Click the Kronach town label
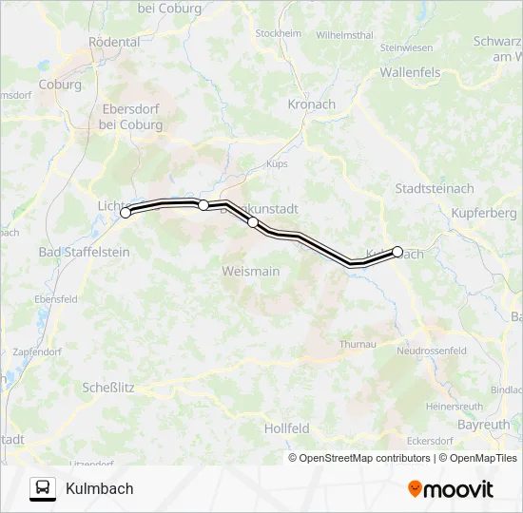coord(312,104)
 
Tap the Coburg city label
coord(60,85)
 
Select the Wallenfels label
coord(411,72)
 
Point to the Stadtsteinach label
coord(434,189)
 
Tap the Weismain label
coord(250,272)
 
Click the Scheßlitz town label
coord(107,388)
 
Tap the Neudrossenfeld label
coord(431,351)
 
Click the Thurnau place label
coord(358,344)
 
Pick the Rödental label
coord(114,43)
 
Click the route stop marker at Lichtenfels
coord(126,213)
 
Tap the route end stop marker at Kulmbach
coord(397,252)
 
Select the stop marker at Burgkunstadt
coord(253,222)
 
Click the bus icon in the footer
coord(43,488)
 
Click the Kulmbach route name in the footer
coord(100,489)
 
